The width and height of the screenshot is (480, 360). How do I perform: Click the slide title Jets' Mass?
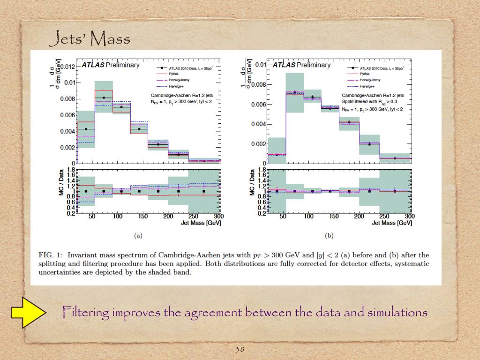[89, 38]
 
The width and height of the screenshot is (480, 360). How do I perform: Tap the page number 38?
[240, 349]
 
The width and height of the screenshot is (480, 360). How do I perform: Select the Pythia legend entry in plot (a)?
[175, 74]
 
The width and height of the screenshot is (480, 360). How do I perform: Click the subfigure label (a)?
[138, 236]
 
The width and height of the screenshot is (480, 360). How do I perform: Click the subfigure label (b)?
[329, 236]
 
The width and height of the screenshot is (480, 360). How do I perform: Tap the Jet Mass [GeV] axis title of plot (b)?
[392, 224]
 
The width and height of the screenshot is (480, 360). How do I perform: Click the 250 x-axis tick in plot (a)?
[193, 217]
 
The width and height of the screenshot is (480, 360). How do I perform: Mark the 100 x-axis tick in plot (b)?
[309, 217]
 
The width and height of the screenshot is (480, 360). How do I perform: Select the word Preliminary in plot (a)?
[122, 65]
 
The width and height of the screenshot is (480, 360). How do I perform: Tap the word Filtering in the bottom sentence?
[86, 312]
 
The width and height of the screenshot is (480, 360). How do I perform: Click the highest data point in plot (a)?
[104, 97]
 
